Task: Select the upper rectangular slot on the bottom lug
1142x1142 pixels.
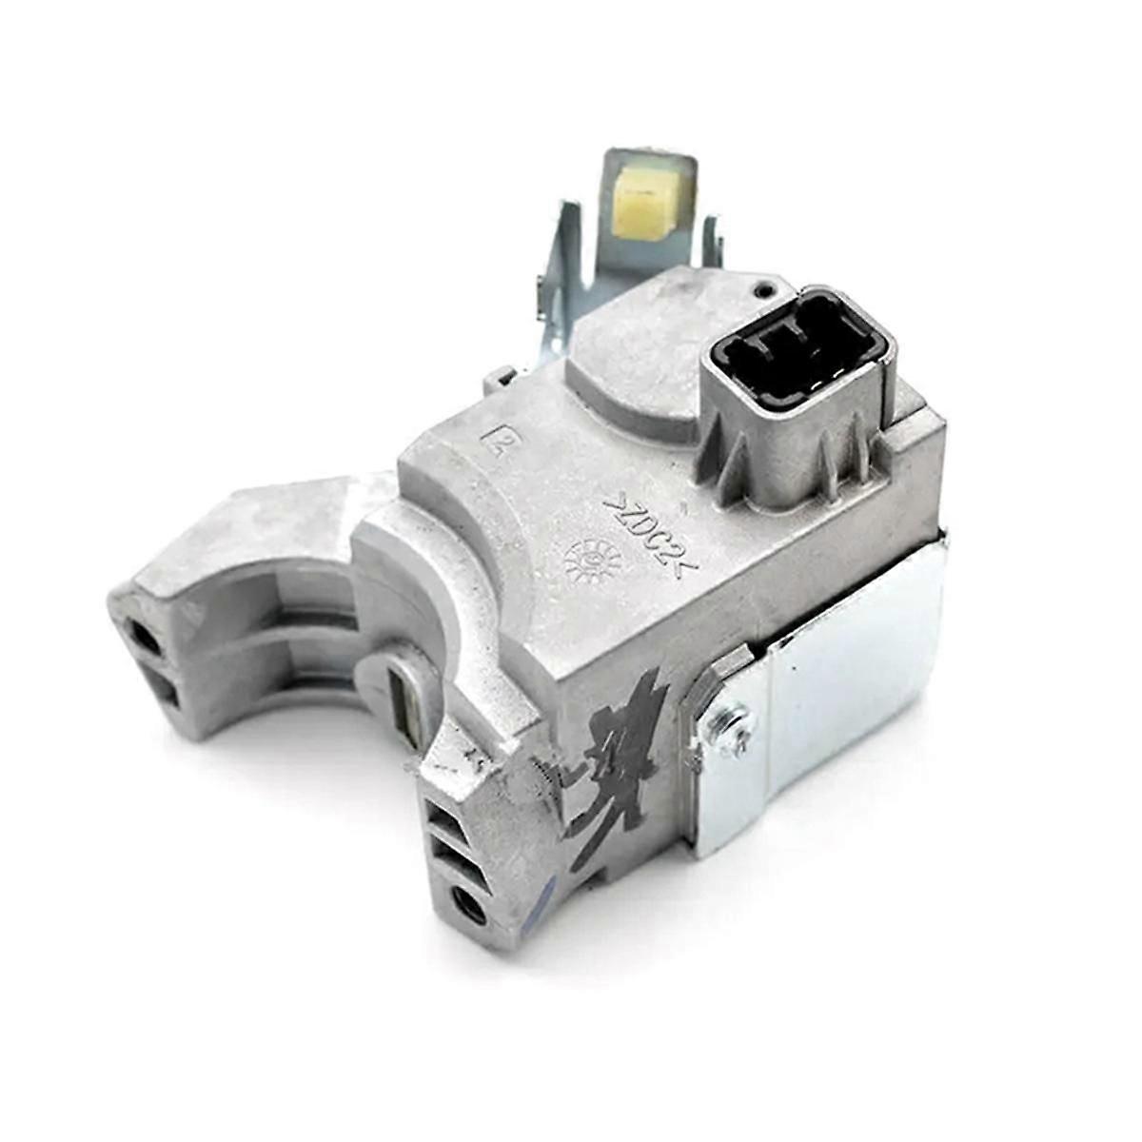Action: (x=445, y=813)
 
